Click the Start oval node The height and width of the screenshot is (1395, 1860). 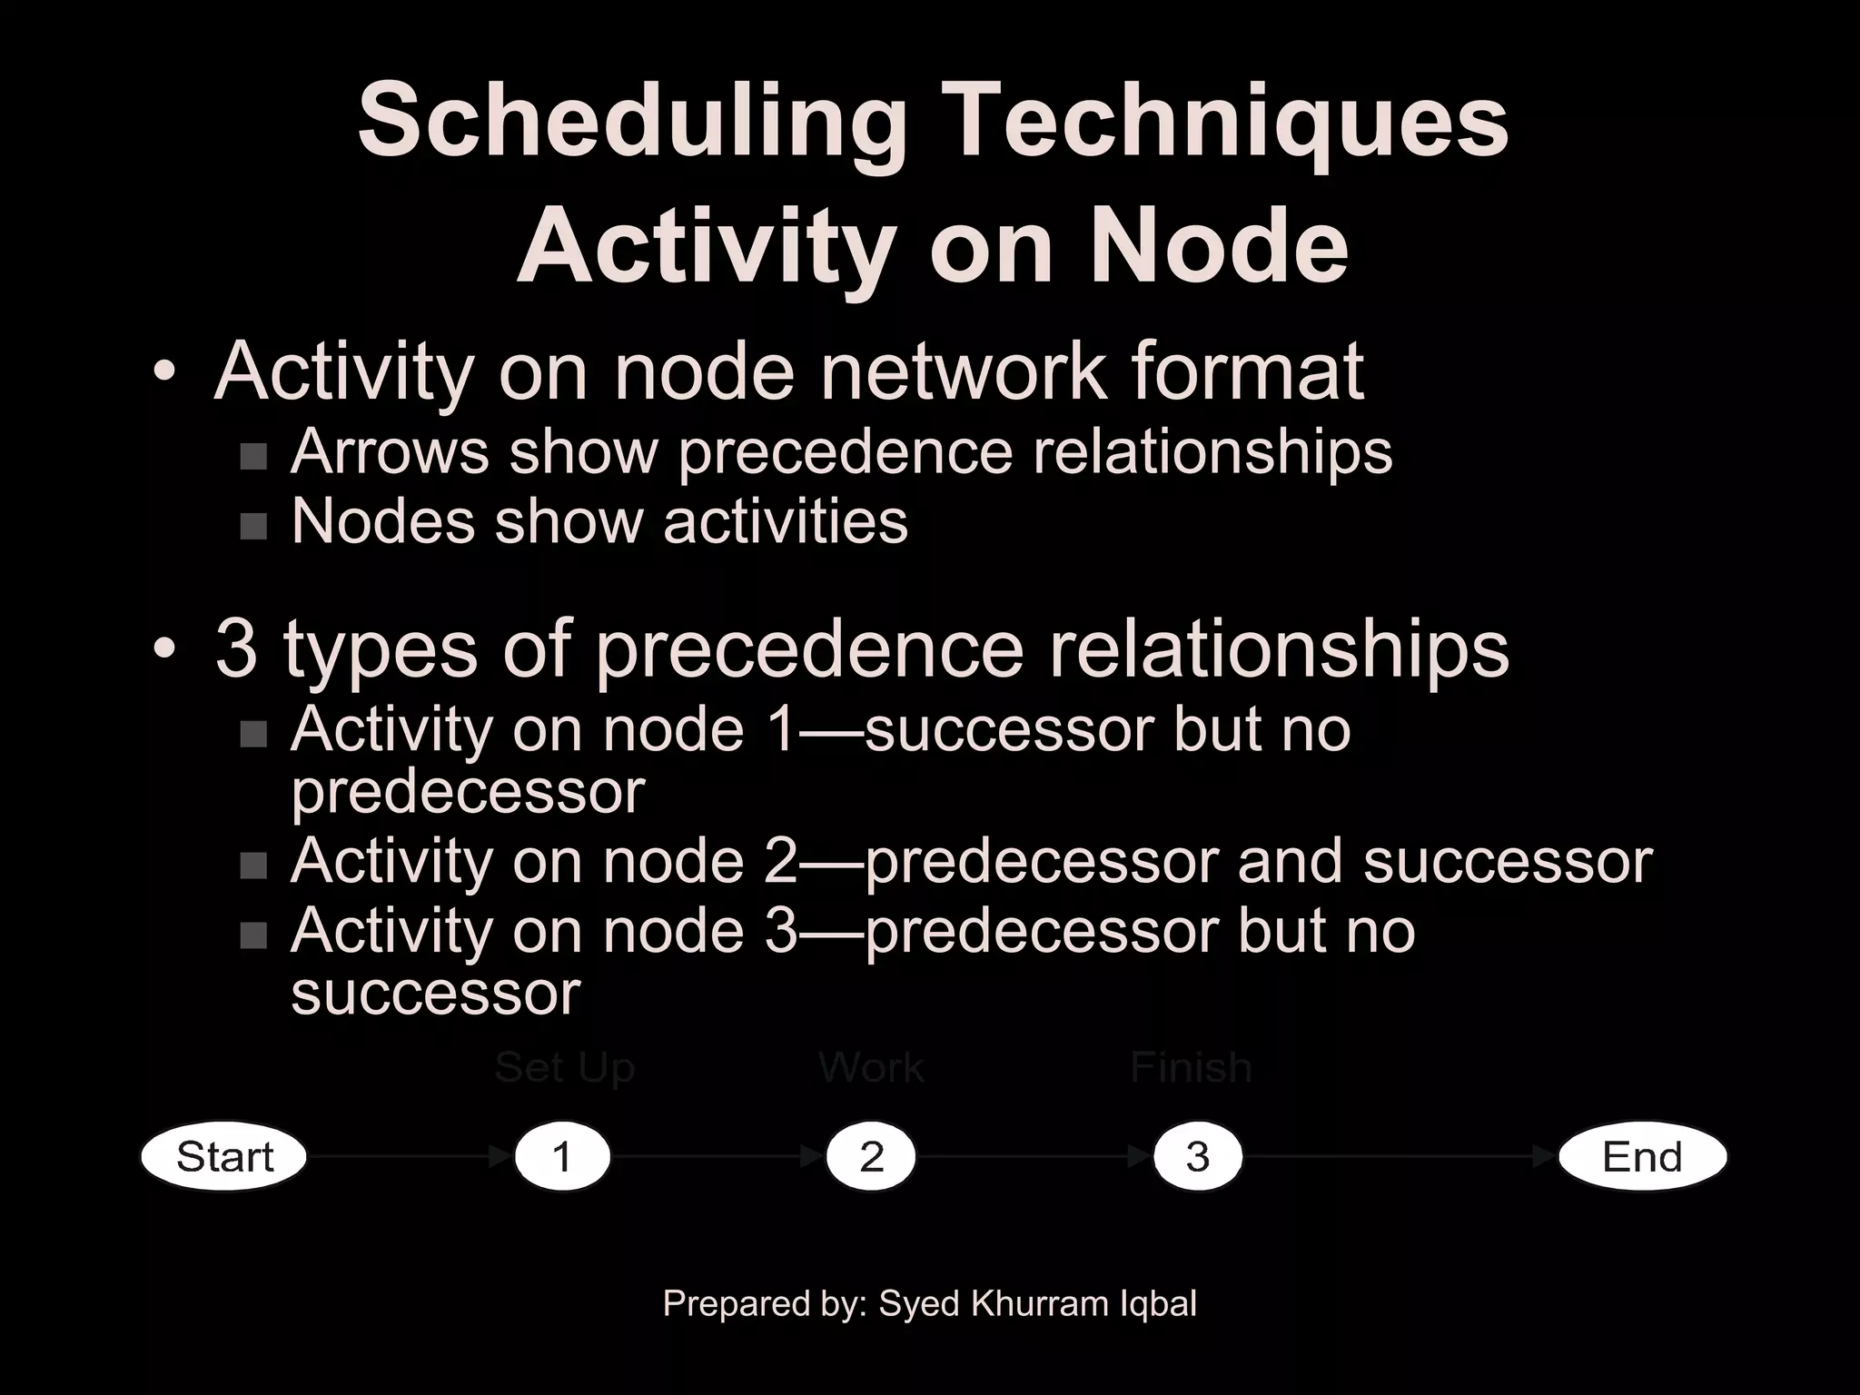coord(224,1157)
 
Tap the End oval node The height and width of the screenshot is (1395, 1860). coord(1642,1157)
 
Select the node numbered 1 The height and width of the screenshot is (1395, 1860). coord(562,1157)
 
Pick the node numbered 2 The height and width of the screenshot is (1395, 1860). coord(871,1157)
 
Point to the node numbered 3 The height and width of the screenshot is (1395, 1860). coord(1197,1157)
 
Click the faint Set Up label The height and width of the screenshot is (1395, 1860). coord(564,1068)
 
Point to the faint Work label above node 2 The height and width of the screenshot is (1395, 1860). coord(871,1068)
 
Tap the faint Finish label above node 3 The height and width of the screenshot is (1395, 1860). coord(1191,1068)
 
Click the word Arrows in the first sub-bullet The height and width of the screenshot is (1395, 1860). coord(390,452)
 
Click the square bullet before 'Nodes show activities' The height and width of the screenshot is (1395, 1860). coord(253,526)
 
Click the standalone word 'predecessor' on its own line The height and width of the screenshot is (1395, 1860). coord(468,793)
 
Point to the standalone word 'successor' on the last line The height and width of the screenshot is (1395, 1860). coord(435,994)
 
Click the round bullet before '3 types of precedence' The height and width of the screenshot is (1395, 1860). coord(164,650)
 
